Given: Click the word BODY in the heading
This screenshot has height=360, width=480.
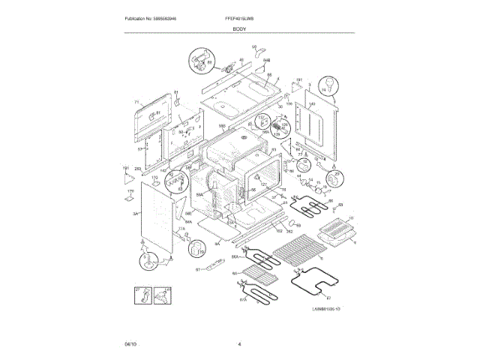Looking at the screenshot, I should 240,28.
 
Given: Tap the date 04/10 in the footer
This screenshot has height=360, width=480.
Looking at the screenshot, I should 131,343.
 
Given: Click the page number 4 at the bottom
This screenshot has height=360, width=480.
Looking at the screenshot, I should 239,343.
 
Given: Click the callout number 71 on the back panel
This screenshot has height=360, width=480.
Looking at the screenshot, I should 136,102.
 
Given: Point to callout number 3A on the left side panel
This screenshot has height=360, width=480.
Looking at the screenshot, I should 136,214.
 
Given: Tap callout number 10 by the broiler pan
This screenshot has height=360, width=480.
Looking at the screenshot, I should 350,218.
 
